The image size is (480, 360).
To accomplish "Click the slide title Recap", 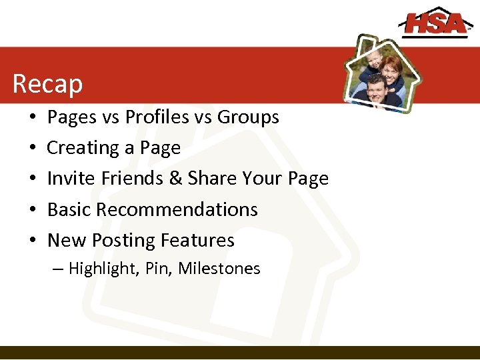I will tap(47, 84).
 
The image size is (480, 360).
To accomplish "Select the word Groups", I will tap(248, 117).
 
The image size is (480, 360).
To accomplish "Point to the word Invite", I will tap(67, 179).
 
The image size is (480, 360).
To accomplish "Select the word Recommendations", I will tap(177, 209).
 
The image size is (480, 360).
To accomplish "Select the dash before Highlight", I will tap(57, 269).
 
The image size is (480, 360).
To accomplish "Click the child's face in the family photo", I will tap(375, 61).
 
